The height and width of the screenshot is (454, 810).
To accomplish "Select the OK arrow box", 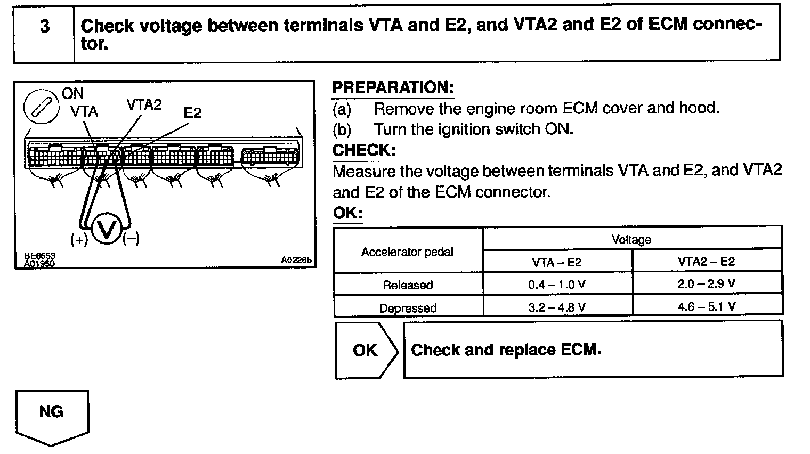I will tap(366, 350).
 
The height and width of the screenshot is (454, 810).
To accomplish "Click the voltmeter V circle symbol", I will tap(107, 230).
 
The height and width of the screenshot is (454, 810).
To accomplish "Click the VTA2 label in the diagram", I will tap(144, 104).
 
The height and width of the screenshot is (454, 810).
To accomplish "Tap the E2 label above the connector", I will tap(192, 113).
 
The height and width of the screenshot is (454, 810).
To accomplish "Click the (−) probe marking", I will tap(131, 239).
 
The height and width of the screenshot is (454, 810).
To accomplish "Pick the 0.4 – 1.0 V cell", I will tap(557, 285).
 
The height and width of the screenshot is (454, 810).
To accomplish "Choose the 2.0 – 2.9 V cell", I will tap(706, 284).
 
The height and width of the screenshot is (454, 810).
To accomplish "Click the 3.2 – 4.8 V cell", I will tap(557, 307).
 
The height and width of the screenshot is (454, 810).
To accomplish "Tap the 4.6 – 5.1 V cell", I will tap(706, 306).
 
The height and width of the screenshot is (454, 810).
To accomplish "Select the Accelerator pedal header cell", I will tap(408, 252).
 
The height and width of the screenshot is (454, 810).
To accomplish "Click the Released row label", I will tap(408, 285).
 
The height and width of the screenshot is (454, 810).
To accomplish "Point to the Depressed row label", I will tap(408, 308).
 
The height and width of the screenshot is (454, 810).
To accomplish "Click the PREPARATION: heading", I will tap(393, 88).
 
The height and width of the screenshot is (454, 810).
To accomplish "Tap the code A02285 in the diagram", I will tap(296, 261).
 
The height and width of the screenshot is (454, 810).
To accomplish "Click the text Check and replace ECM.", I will tap(506, 350).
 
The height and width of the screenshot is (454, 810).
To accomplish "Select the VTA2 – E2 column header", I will tap(706, 262).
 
